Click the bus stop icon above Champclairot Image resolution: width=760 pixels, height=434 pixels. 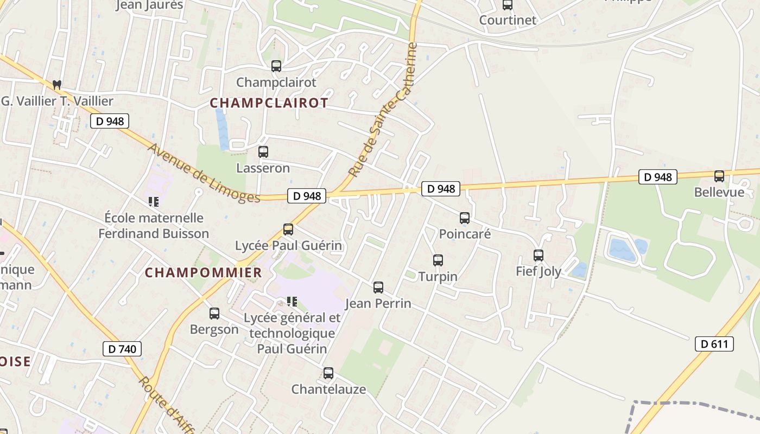tap(276, 66)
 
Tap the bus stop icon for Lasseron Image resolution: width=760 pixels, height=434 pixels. tap(263, 152)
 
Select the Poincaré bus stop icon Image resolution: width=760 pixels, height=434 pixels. tap(465, 218)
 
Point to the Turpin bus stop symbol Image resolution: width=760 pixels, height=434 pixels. tap(438, 260)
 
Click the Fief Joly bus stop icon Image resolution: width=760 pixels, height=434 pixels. tap(539, 256)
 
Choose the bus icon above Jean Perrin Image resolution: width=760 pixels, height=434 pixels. tap(378, 288)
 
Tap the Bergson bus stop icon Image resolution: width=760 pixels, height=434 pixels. tap(214, 314)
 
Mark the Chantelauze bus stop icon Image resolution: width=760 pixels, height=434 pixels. tap(328, 373)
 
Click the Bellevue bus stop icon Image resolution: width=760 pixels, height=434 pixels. tap(719, 176)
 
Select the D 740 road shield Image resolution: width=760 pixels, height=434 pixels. tap(122, 349)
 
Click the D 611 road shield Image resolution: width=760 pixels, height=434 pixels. tap(714, 343)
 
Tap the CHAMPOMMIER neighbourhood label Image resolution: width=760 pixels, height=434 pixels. tap(204, 272)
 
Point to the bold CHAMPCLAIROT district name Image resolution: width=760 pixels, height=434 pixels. tap(269, 103)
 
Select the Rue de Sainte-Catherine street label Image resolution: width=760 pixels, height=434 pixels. tap(384, 110)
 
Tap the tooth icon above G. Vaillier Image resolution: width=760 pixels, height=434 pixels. tap(56, 85)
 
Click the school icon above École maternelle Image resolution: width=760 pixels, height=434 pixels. tap(154, 202)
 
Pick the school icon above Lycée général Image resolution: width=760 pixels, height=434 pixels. tap(292, 301)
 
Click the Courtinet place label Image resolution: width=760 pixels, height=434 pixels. tap(508, 20)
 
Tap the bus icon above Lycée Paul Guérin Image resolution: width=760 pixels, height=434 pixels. tap(288, 229)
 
